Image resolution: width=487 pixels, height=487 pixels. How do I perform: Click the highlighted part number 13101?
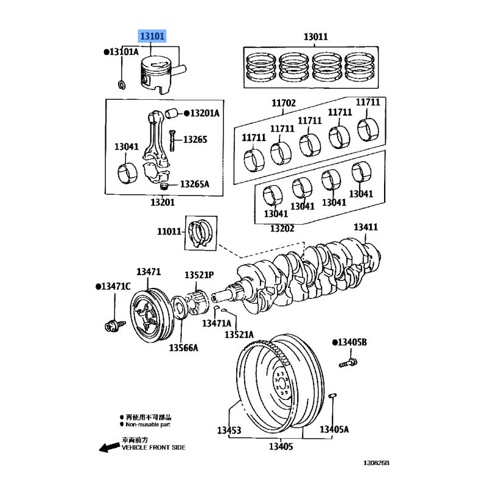[152, 37]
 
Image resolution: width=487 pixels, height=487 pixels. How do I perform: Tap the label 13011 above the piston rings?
[316, 37]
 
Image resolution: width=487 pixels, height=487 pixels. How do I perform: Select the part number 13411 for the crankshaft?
[366, 227]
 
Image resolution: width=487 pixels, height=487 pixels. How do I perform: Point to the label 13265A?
[194, 184]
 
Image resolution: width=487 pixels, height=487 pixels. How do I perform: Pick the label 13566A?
[184, 348]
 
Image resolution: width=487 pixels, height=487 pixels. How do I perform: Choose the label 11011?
[169, 232]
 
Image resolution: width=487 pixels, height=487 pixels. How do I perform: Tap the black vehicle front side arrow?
[109, 448]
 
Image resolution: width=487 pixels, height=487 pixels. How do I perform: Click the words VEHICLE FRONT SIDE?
[153, 447]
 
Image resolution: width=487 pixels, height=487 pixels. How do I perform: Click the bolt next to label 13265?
[172, 141]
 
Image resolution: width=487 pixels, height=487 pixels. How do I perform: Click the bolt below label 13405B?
[348, 364]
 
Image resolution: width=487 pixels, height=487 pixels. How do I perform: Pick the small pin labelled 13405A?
[333, 397]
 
